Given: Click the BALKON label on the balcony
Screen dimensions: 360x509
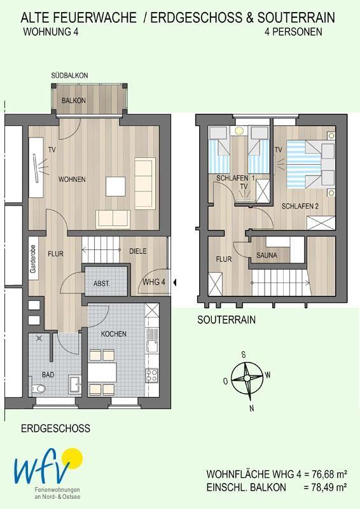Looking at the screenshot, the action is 74,101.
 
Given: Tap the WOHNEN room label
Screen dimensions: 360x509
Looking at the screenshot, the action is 72,179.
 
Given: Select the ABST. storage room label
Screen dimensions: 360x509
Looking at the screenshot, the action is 102,283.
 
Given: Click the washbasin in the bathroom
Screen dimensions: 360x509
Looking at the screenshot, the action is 74,384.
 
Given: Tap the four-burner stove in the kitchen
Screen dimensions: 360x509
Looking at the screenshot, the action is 151,375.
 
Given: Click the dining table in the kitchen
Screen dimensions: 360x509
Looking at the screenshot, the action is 102,373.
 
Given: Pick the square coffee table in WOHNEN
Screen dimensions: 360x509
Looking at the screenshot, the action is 116,186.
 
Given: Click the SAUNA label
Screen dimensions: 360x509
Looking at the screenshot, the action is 267,256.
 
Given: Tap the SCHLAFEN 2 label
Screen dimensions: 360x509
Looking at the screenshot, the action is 300,206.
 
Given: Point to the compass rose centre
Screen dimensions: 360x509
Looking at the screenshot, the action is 247,378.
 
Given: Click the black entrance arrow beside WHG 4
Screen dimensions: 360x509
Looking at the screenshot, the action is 175,282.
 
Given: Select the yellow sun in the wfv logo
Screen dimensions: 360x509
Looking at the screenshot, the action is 73,459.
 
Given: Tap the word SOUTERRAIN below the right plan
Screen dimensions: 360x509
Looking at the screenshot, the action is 226,320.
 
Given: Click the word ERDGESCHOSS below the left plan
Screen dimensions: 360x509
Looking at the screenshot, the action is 55,428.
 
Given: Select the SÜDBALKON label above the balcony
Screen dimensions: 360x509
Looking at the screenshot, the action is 69,75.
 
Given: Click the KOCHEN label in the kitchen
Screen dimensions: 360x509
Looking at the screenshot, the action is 114,333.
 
